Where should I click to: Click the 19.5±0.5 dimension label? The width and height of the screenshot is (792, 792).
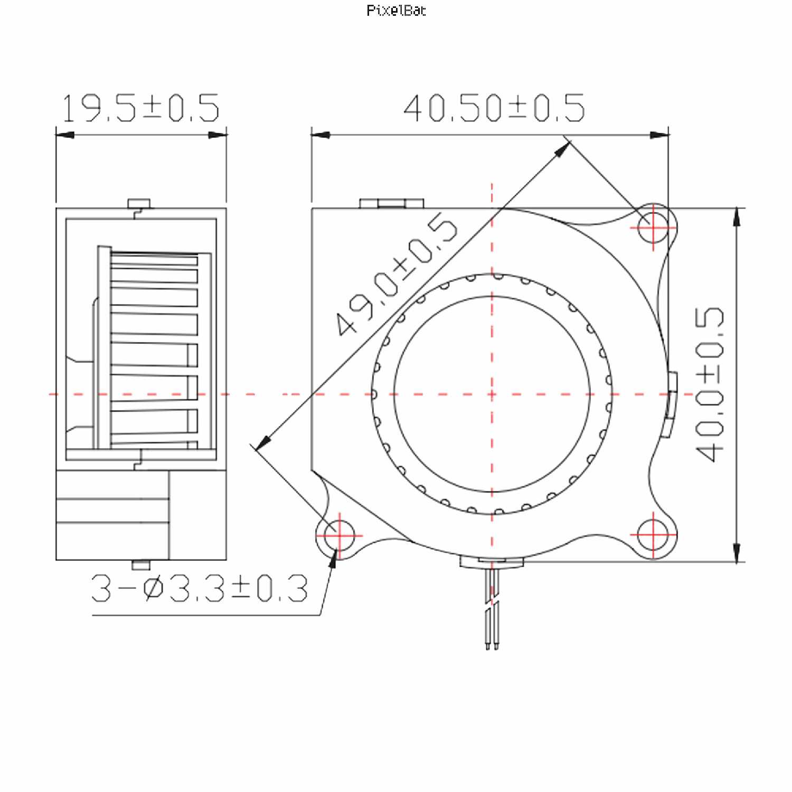[140, 108]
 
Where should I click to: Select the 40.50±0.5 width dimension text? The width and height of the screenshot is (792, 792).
[494, 108]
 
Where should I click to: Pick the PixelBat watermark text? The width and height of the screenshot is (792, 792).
[396, 10]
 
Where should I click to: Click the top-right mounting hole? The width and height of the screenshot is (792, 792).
[653, 228]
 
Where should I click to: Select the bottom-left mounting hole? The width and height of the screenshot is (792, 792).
[340, 535]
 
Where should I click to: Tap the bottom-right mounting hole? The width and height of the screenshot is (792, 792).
[653, 535]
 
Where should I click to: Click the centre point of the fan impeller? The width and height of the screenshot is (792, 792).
[492, 394]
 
